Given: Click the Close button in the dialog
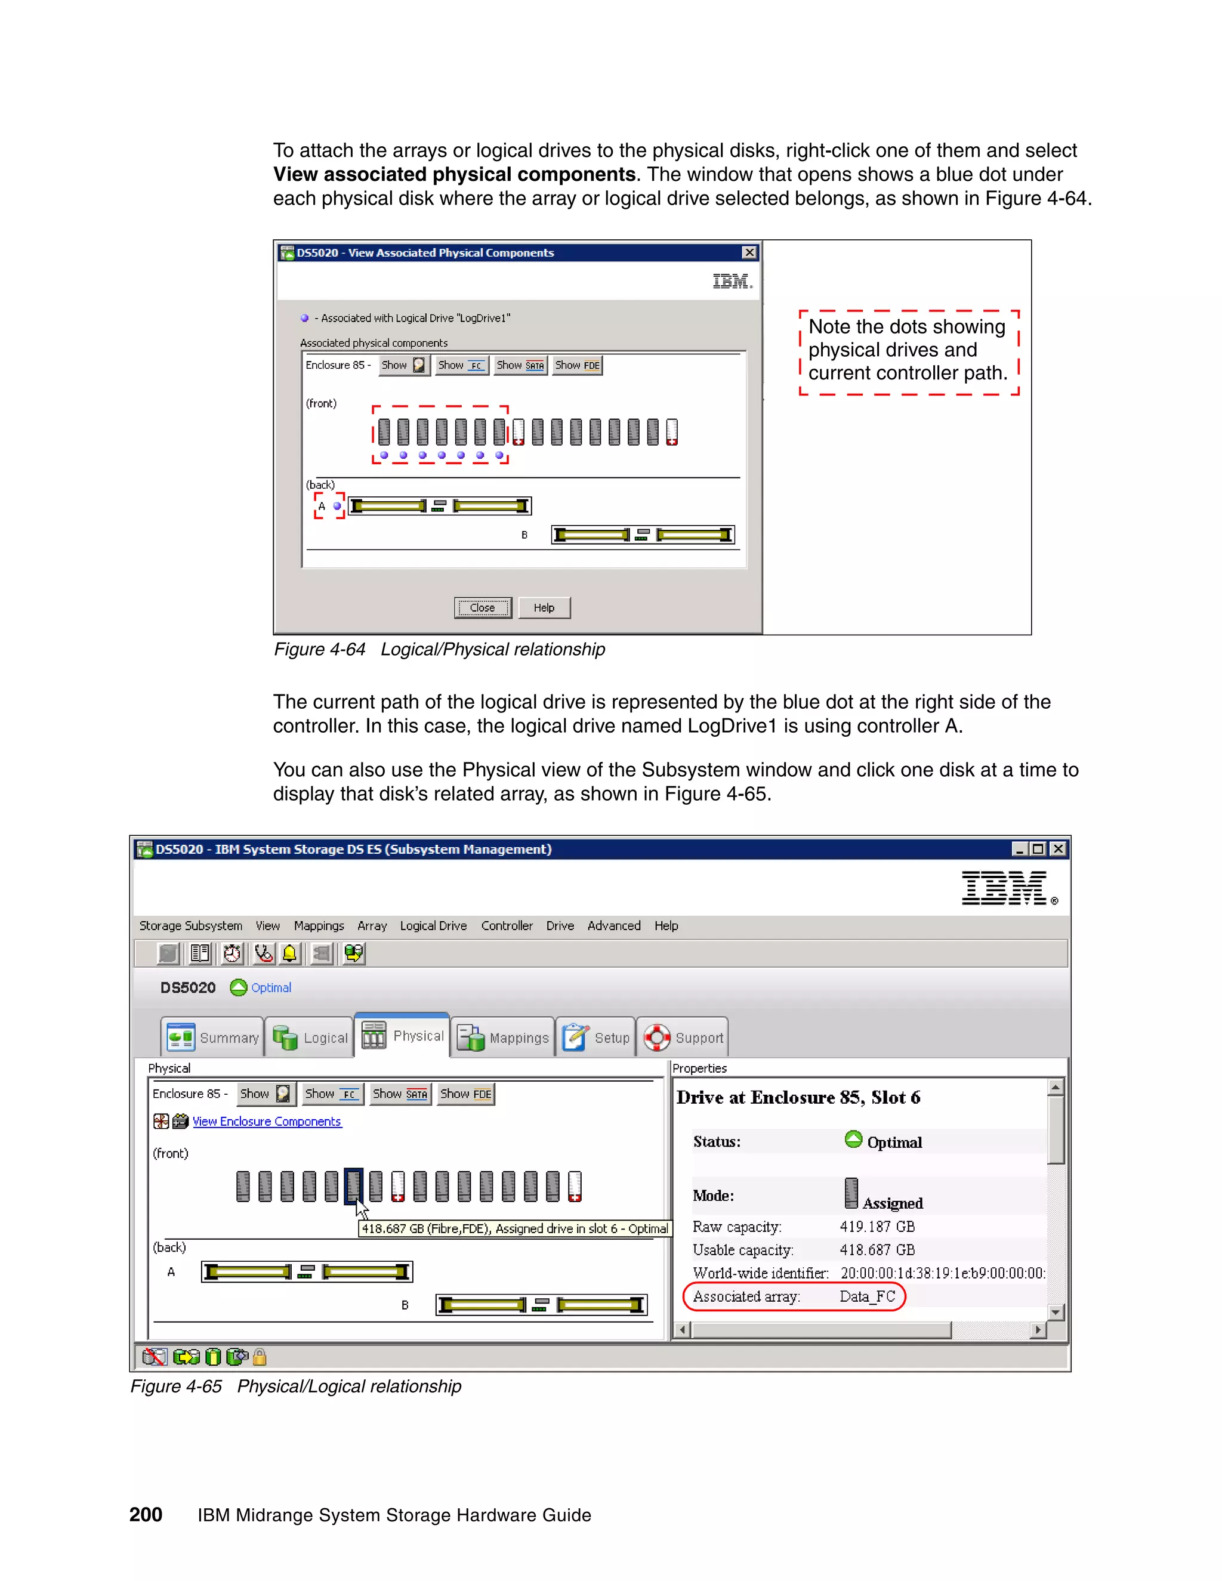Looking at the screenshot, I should click(482, 607).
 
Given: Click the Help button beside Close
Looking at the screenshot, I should click(544, 607).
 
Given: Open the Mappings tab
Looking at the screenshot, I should click(503, 1037).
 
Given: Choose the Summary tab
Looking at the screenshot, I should click(212, 1037).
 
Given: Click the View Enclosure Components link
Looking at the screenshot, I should click(266, 1122).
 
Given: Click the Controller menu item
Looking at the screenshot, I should click(506, 925).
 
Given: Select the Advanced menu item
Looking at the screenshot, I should click(613, 925).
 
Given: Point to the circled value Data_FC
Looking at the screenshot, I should click(867, 1296).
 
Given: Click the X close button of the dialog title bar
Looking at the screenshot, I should click(749, 252).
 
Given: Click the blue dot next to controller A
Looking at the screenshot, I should click(337, 506).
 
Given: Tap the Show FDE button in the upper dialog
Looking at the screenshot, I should click(577, 365).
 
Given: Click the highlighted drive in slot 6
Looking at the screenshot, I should click(353, 1186).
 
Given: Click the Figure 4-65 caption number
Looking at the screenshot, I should click(176, 1387).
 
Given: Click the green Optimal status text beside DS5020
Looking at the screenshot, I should click(271, 987).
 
